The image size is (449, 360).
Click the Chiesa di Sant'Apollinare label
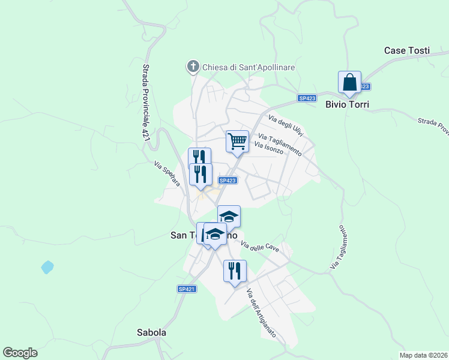click(249, 67)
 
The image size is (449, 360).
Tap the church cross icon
click(193, 66)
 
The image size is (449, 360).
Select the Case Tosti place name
click(407, 50)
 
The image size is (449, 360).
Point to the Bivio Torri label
click(347, 104)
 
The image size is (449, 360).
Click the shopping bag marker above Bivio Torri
click(349, 83)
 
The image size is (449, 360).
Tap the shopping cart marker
click(237, 142)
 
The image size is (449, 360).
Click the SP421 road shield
click(187, 289)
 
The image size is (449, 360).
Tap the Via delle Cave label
click(260, 246)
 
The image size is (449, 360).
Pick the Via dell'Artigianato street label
click(261, 312)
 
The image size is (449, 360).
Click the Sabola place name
click(151, 332)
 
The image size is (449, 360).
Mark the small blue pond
click(47, 267)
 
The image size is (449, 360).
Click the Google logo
click(20, 353)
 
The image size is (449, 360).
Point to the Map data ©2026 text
click(423, 355)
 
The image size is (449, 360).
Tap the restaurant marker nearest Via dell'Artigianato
click(235, 271)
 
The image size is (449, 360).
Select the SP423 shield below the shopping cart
click(228, 180)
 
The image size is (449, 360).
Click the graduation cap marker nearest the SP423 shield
click(229, 216)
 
